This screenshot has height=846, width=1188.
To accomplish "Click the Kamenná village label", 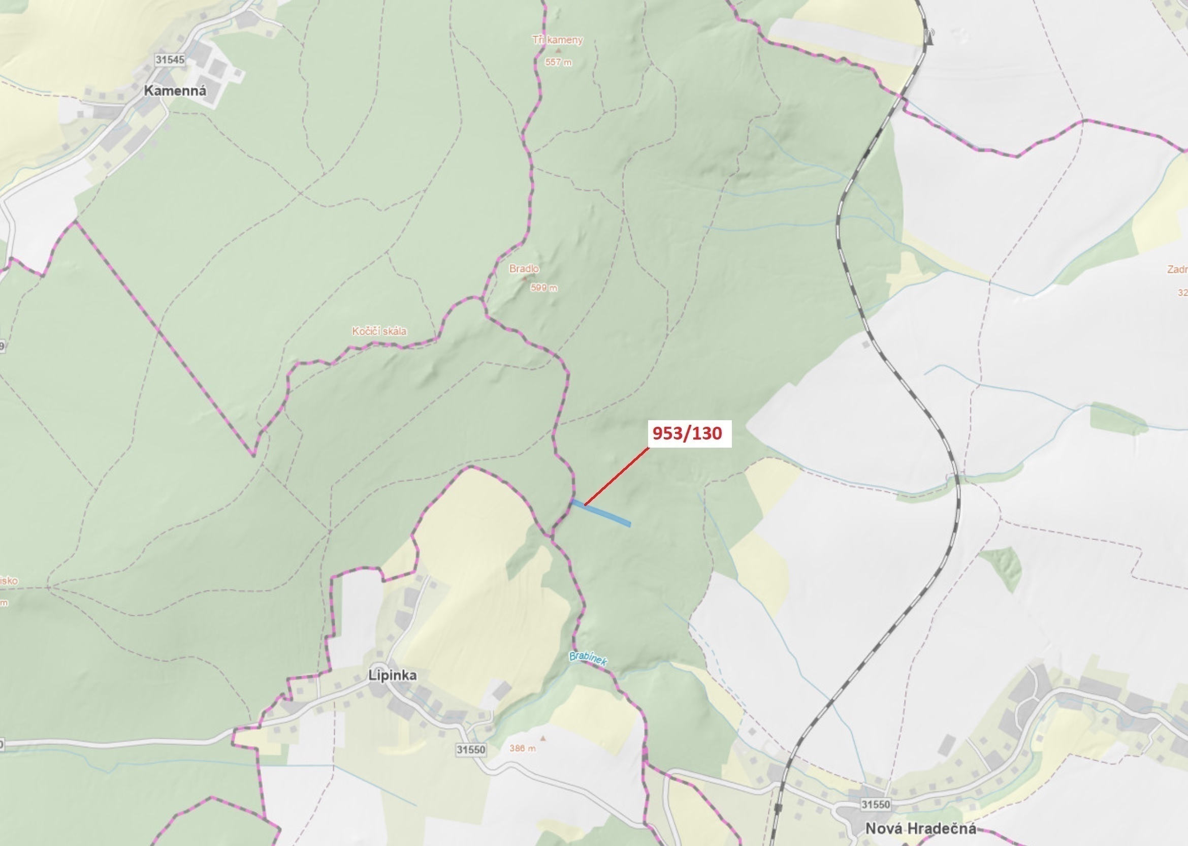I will click(x=175, y=90).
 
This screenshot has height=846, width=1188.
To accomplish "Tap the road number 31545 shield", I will click(x=170, y=59).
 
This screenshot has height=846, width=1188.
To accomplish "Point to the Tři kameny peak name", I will click(x=557, y=40).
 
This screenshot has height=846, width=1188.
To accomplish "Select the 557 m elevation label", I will click(x=558, y=62).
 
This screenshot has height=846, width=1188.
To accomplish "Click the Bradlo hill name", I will click(x=524, y=268).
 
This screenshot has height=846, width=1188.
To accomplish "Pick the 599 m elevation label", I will click(x=544, y=288).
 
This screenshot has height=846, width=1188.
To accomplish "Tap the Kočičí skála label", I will click(x=379, y=331).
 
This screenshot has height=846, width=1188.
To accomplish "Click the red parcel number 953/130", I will click(x=687, y=433).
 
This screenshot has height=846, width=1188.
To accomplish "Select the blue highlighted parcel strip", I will click(x=601, y=513).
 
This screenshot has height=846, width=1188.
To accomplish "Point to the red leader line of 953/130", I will click(x=617, y=476).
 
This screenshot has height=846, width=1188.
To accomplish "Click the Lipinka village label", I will click(x=393, y=675).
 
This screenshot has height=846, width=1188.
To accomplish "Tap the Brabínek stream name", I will click(x=588, y=659).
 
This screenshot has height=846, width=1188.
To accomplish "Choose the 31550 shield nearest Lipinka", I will click(x=471, y=749).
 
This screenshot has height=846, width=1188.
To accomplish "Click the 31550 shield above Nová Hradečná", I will click(x=876, y=804).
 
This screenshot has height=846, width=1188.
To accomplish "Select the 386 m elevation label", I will click(x=522, y=748).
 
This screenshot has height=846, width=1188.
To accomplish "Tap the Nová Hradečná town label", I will click(x=920, y=828).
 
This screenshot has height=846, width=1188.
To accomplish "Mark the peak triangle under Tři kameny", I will click(x=559, y=51).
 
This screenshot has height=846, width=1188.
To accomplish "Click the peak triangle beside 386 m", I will click(x=543, y=738).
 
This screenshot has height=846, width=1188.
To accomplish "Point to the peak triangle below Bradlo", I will click(x=524, y=278).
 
